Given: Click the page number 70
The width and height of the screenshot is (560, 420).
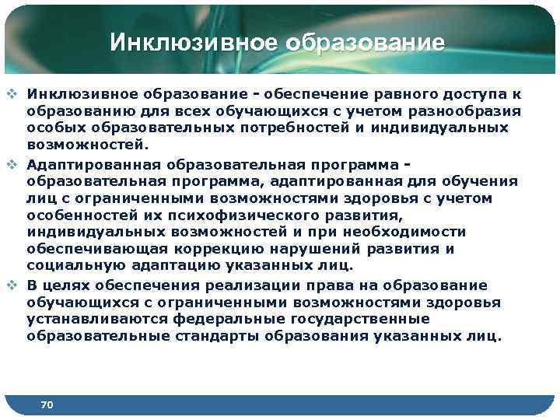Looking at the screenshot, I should (x=47, y=404).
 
